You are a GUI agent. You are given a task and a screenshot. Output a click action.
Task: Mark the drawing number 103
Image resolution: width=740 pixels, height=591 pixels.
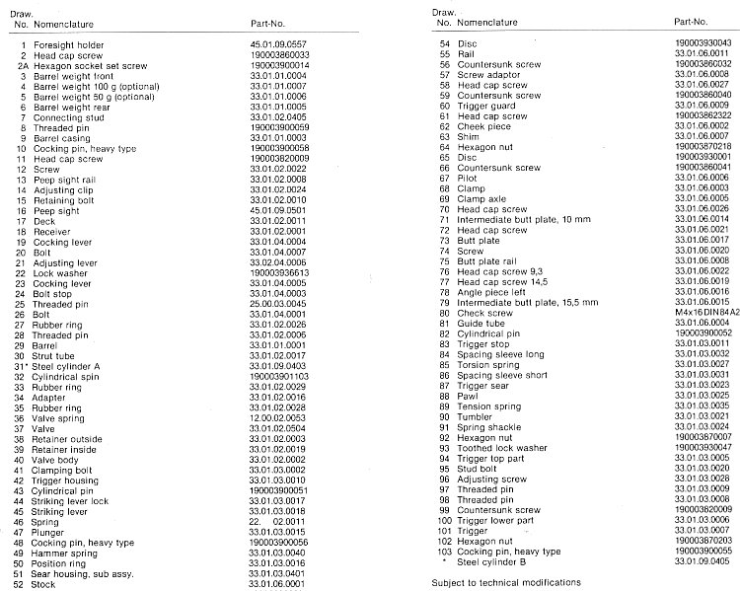click(443, 550)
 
